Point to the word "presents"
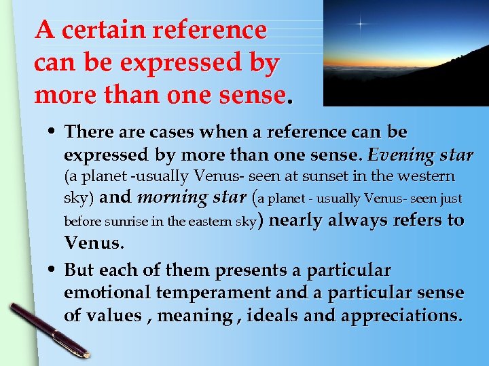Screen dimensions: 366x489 249,270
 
